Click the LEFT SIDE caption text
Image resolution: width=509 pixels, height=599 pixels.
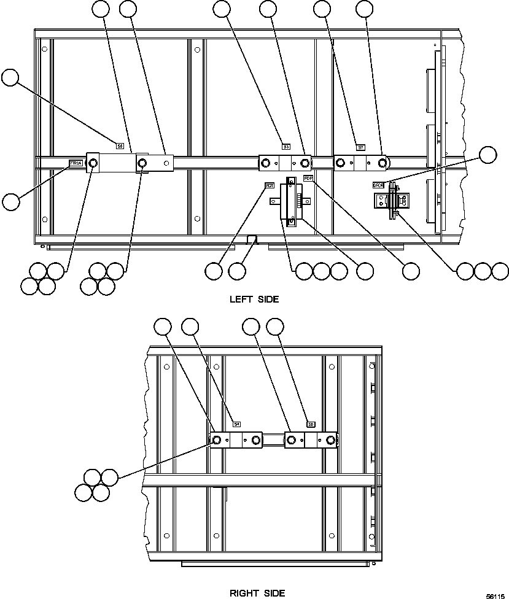click(x=254, y=299)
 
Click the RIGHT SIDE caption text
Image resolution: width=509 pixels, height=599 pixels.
click(x=257, y=593)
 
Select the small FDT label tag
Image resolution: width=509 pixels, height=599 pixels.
click(x=270, y=185)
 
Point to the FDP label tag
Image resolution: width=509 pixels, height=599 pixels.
click(x=308, y=179)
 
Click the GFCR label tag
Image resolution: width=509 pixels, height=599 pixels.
click(x=378, y=184)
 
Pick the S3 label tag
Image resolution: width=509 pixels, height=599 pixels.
click(x=286, y=147)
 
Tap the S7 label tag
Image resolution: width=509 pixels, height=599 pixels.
click(x=361, y=147)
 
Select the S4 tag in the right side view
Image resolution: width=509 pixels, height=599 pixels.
click(x=237, y=423)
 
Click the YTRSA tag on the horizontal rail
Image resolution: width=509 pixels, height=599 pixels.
click(x=76, y=163)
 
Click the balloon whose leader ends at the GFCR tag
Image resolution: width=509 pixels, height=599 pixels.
click(x=488, y=155)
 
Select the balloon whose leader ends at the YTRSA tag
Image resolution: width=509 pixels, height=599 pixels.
click(x=11, y=201)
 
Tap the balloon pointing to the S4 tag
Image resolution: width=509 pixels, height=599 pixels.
click(x=190, y=327)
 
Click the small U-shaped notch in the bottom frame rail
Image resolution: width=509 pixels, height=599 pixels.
click(x=252, y=238)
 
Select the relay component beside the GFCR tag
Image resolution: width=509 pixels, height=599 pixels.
click(x=389, y=203)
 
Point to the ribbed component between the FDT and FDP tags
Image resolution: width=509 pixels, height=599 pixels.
click(x=291, y=201)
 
